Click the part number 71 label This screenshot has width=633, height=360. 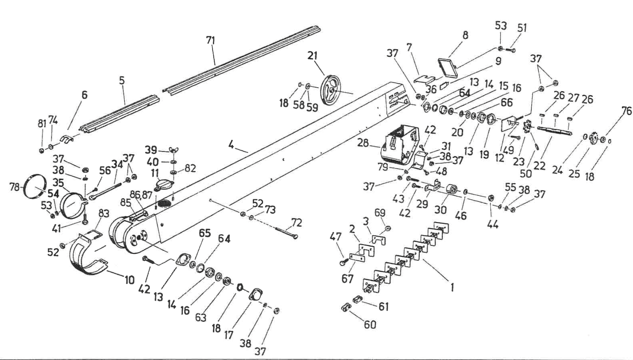210,40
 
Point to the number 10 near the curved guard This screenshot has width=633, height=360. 130,280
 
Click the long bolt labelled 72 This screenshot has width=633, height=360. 286,231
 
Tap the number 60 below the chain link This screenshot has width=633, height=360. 370,324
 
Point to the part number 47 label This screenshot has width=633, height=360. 335,237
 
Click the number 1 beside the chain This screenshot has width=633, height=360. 452,287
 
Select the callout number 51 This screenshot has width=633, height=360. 522,28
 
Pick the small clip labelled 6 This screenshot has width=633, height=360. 67,139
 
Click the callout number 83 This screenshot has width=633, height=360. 104,213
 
